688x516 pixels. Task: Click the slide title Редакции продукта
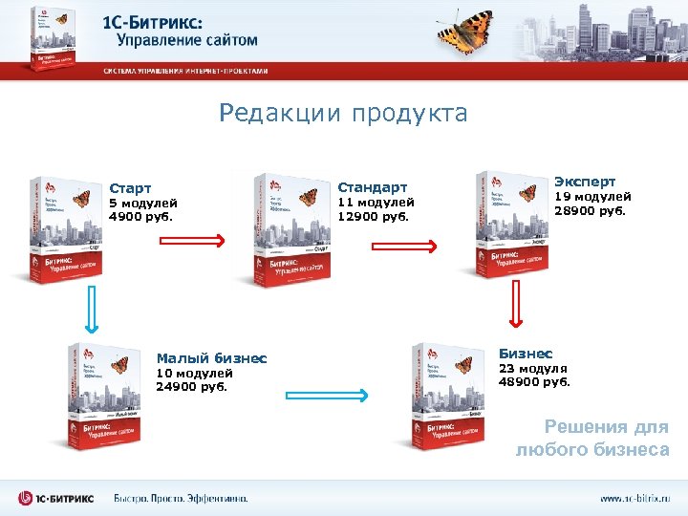coord(343,115)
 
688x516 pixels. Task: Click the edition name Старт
coord(130,188)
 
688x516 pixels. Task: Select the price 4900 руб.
coord(139,217)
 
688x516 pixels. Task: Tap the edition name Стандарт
coord(372,187)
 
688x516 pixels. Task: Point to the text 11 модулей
coord(376,203)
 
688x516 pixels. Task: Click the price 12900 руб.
coord(374,216)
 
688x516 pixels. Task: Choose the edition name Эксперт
coord(586,181)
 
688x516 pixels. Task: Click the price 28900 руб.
coord(591,211)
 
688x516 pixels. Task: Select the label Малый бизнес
coord(211,358)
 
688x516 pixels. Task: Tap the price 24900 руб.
coord(192,387)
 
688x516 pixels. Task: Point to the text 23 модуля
coord(532,368)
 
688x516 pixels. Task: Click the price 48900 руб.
coord(533,381)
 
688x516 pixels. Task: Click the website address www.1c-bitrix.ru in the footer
coord(634,498)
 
